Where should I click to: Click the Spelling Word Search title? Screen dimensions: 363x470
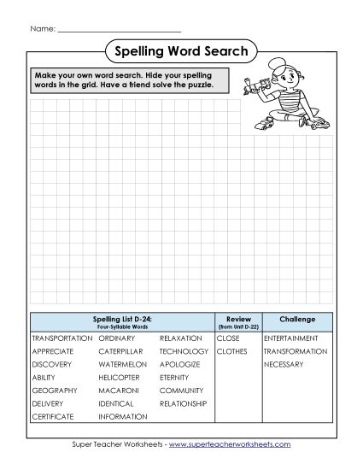181,51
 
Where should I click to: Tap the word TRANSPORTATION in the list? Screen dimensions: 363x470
61,338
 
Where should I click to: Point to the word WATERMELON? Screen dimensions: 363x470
123,364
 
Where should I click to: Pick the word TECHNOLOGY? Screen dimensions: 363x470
184,351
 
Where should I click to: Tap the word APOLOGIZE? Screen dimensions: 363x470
179,364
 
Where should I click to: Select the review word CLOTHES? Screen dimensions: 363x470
231,351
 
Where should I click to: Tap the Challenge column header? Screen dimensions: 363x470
297,320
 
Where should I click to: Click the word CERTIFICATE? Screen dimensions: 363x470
53,416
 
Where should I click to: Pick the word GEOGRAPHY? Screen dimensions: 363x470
53,391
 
